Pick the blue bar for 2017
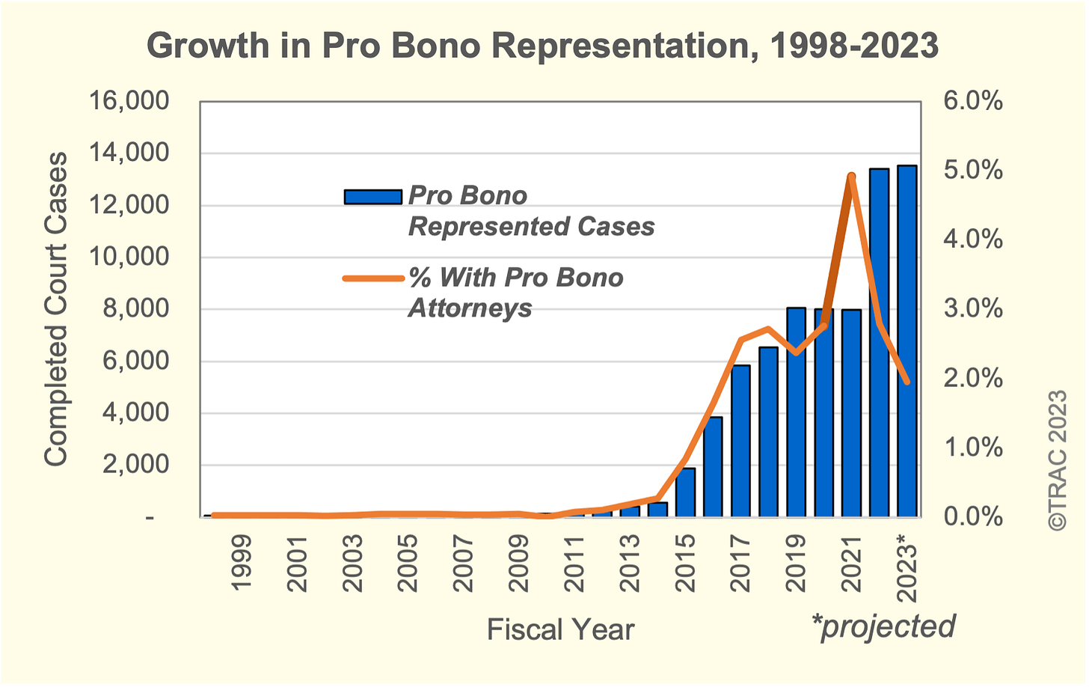740,441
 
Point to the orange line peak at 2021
851,177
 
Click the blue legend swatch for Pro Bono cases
372,197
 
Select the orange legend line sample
372,279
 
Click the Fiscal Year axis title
560,629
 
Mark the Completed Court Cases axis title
56,308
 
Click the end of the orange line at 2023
907,382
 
